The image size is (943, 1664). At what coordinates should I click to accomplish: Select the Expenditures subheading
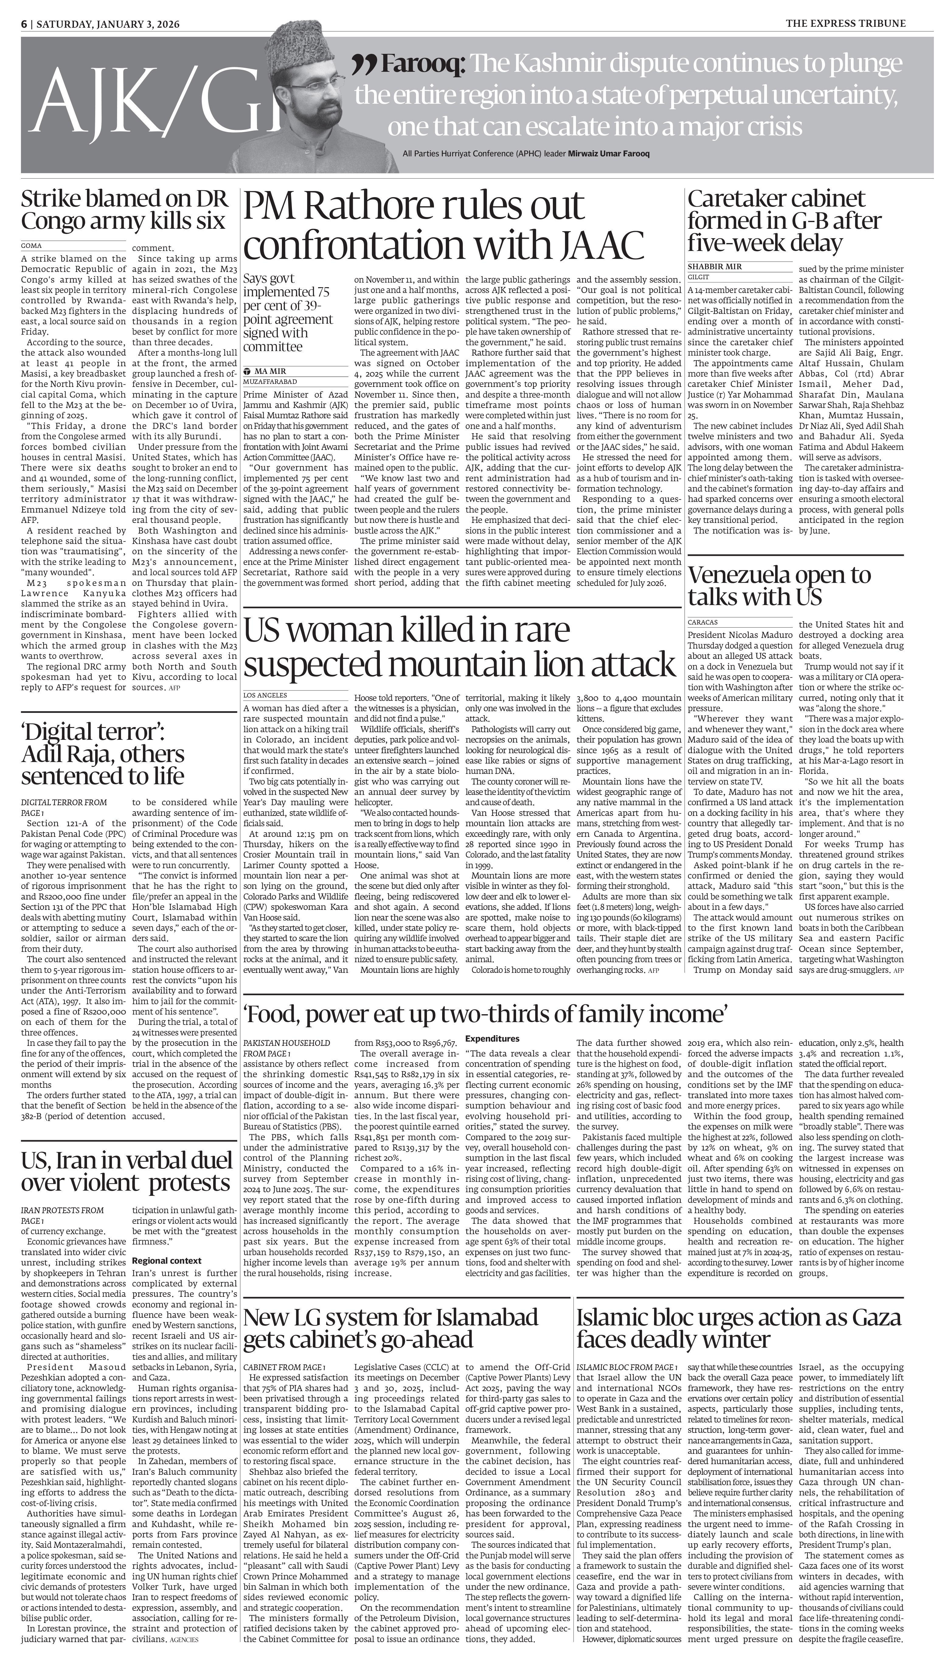[x=492, y=1038]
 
